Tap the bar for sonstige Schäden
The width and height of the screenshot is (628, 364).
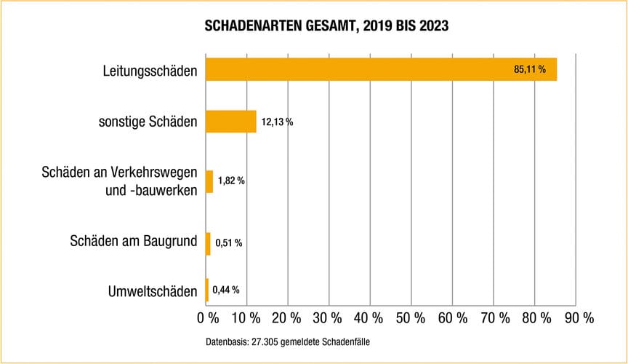coord(231,122)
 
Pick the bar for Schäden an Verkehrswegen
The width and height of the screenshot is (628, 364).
coord(209,181)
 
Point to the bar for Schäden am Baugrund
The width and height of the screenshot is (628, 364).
coord(208,243)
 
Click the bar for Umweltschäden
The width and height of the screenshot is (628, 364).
coord(207,290)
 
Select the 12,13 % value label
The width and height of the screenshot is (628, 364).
coord(277,122)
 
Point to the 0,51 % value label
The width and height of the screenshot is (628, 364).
coord(228,243)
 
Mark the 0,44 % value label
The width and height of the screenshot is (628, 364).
coord(225,290)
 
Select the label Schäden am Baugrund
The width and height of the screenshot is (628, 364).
coord(133,240)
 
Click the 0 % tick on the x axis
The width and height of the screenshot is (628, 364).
coord(208,318)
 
